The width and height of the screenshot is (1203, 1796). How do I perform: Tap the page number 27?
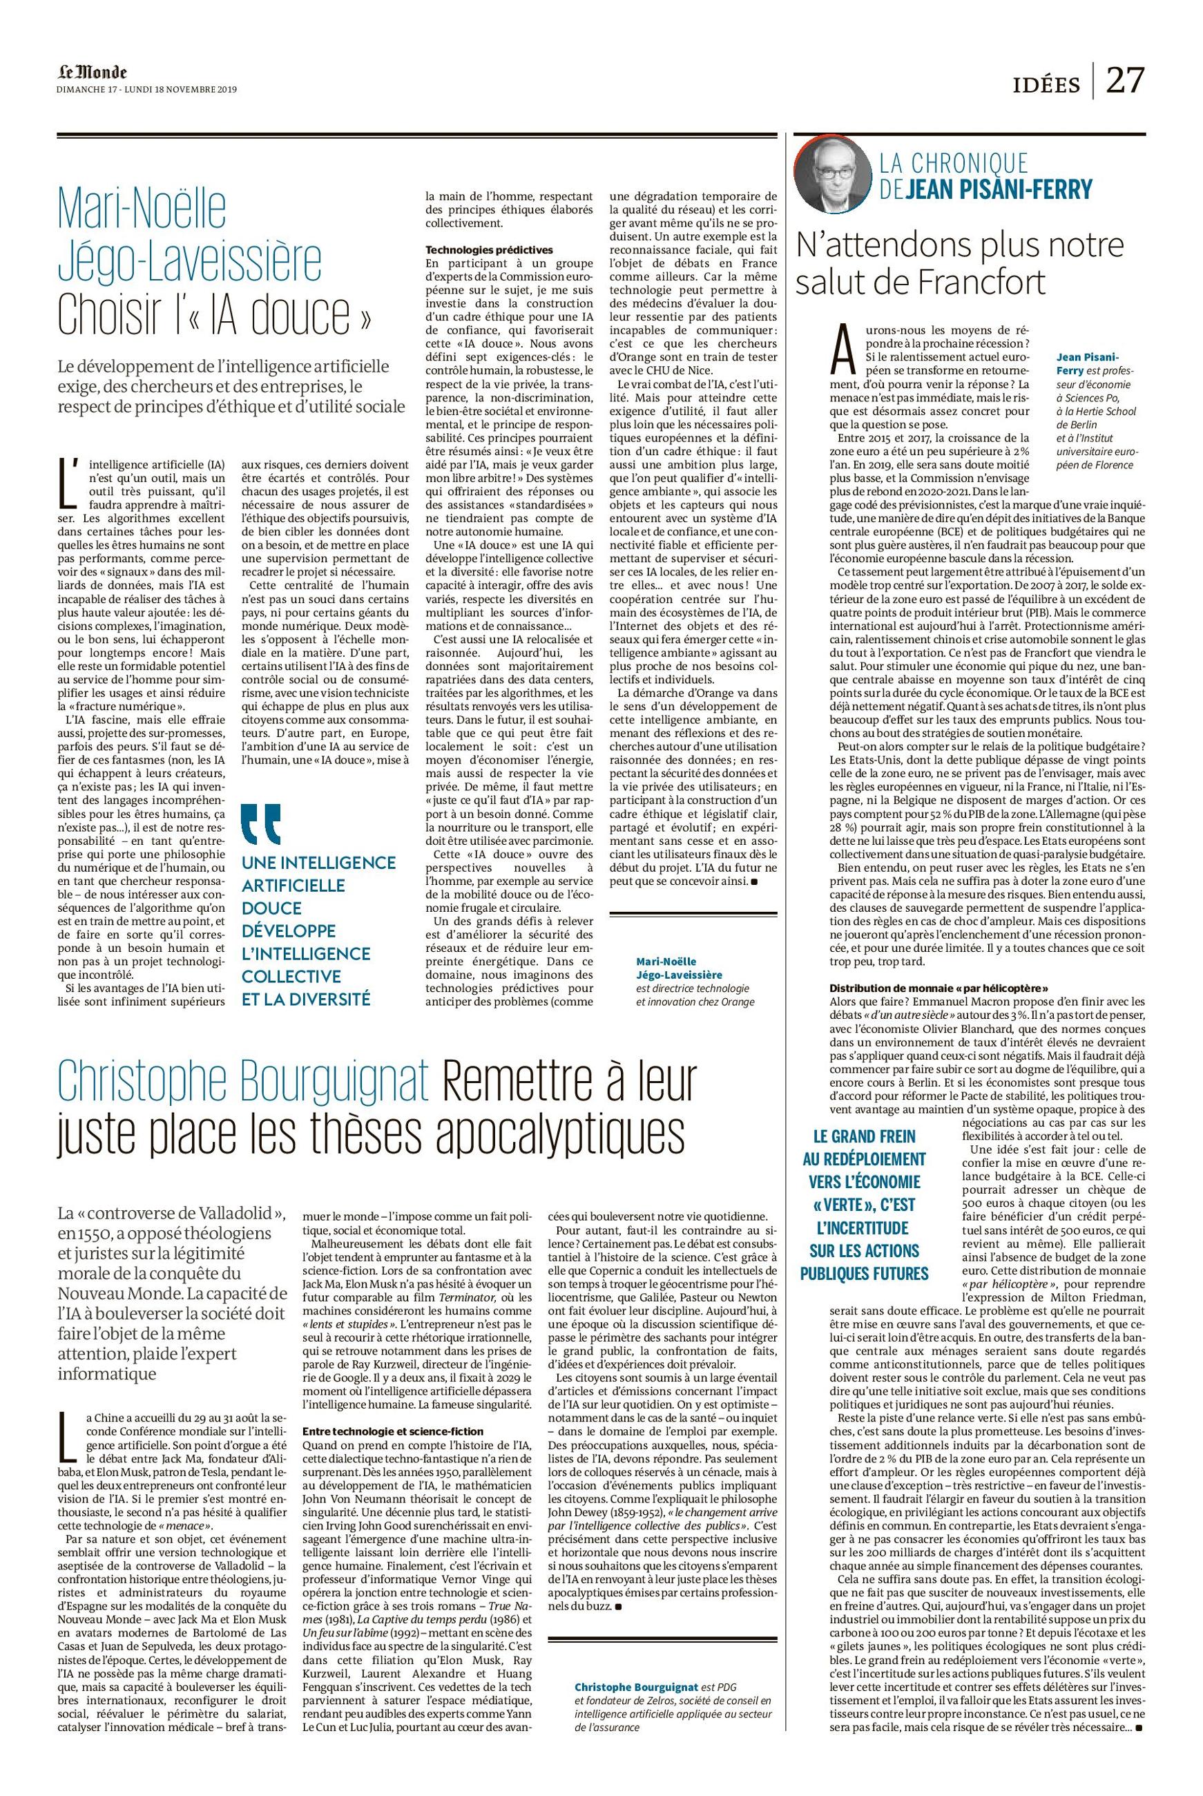(1124, 79)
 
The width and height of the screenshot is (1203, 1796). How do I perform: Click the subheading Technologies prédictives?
(489, 249)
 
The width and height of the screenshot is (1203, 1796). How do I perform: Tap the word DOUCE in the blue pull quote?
(271, 908)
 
